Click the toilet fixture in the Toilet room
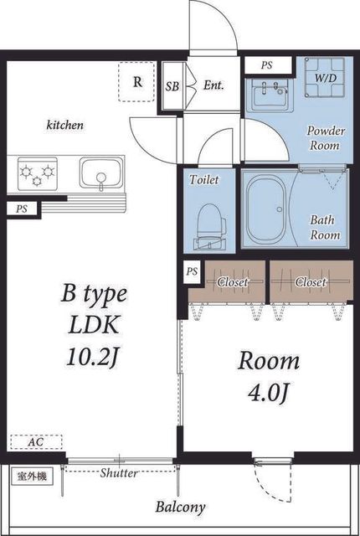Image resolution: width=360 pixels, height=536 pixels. pos(210,226)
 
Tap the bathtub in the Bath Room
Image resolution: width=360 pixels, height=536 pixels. pos(267,209)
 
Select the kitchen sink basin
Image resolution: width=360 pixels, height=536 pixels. pos(101,173)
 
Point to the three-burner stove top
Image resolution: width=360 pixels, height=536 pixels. pos(37,173)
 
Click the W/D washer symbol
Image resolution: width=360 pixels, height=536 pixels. pos(325,78)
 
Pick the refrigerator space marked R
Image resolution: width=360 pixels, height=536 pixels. pos(137,82)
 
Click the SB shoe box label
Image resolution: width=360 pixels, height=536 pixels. pos(172,86)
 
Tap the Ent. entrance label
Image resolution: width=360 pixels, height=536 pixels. pos(213,85)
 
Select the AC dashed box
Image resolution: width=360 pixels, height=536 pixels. pos(36,441)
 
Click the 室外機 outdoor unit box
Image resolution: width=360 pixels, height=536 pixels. pos(32,477)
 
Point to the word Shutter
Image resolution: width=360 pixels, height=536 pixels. pos(119,473)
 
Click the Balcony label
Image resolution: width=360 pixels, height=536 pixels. pos(180,507)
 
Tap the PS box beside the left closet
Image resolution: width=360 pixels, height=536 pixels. pos(193,271)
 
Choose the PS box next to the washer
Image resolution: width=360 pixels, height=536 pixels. pos(267,65)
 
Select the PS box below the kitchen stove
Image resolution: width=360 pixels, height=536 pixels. pos(21,209)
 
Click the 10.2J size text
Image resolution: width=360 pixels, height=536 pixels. pos(93,358)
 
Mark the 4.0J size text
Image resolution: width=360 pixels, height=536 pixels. pos(269,393)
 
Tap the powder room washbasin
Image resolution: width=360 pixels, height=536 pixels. pos(270,95)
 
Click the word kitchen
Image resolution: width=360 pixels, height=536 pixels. pos(65,125)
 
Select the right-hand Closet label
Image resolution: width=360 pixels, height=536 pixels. pos(311,282)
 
